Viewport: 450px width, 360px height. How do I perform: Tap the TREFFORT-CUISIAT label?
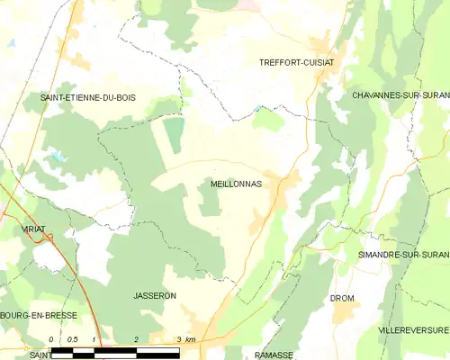296,63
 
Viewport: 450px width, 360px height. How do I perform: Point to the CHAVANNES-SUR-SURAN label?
400,94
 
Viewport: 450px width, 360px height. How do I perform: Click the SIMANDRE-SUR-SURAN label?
402,256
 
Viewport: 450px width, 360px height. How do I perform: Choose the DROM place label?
342,297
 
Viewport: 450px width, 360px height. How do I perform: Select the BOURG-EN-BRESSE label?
38,316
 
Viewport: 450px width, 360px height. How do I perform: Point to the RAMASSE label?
274,355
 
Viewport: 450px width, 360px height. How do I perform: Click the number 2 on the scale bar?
135,338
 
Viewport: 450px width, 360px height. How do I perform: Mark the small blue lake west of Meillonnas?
58,156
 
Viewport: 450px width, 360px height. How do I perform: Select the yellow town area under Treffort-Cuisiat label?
319,43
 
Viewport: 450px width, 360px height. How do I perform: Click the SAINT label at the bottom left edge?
39,355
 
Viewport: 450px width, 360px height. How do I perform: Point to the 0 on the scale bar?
51,338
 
